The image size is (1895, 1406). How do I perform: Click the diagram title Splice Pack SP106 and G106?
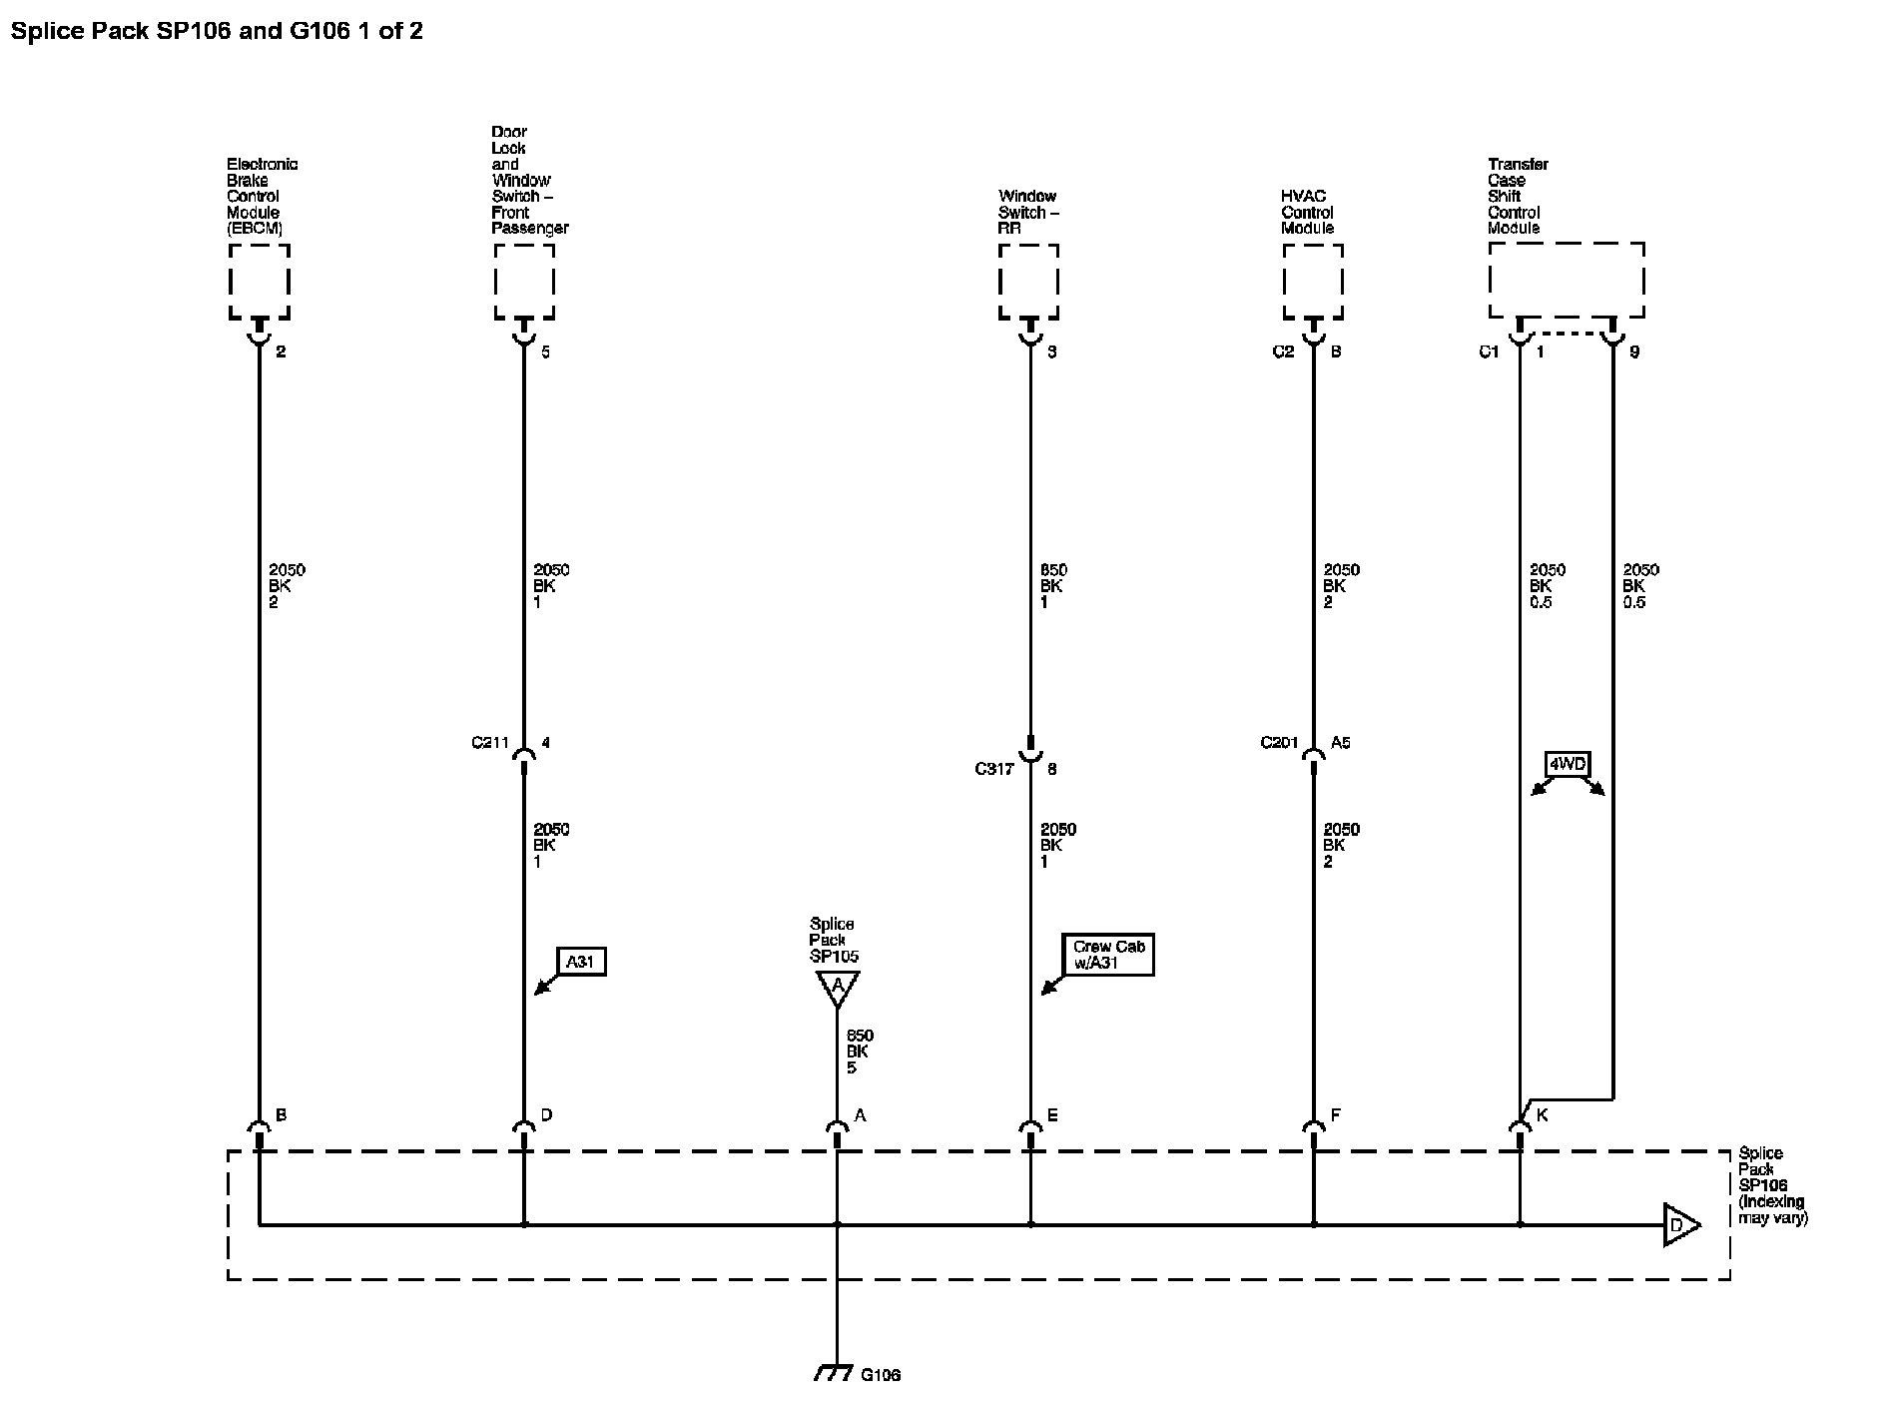tap(217, 31)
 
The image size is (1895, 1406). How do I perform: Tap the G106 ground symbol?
tap(833, 1373)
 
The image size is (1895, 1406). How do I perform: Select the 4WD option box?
tap(1567, 765)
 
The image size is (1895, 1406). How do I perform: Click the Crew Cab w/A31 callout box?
tap(1108, 955)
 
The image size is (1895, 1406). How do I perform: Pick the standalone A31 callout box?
tap(580, 962)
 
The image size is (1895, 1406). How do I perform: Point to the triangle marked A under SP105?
tap(837, 988)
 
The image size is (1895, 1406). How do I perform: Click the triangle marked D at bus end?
tap(1678, 1224)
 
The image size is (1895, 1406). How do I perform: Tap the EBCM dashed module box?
tap(260, 282)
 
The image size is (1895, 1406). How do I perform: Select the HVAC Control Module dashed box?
tap(1313, 282)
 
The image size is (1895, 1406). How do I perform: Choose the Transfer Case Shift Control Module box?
tap(1566, 280)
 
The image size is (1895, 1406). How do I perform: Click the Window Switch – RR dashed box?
tap(1028, 282)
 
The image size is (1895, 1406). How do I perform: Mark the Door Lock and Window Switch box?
tap(524, 282)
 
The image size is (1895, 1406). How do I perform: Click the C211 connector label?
tap(490, 743)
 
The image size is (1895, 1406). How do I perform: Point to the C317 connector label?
tap(994, 769)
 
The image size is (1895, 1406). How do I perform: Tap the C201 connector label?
tap(1279, 743)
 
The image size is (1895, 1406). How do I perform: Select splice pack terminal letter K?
tap(1542, 1114)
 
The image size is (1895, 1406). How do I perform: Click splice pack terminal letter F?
tap(1335, 1114)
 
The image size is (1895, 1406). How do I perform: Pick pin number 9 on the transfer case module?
tap(1634, 352)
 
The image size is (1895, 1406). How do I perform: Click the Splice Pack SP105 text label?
tap(833, 940)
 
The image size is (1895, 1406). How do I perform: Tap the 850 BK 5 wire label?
tap(859, 1052)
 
